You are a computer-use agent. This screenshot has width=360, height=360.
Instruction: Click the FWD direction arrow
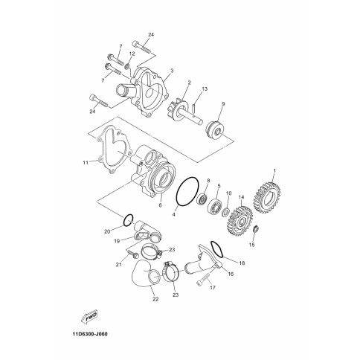pos(89,317)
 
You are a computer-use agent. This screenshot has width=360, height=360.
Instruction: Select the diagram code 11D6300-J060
pos(90,334)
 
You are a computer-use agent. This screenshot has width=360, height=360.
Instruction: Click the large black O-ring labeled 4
pos(187,191)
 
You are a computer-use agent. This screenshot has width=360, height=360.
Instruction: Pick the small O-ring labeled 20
pos(129,220)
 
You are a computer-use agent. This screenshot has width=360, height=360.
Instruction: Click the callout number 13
pos(205,89)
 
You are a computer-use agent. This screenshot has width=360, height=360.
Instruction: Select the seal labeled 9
pos(214,129)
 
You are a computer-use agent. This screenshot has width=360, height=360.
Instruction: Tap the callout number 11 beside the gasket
pos(86,163)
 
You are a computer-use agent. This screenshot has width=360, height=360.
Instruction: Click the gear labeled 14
pos(240,219)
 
